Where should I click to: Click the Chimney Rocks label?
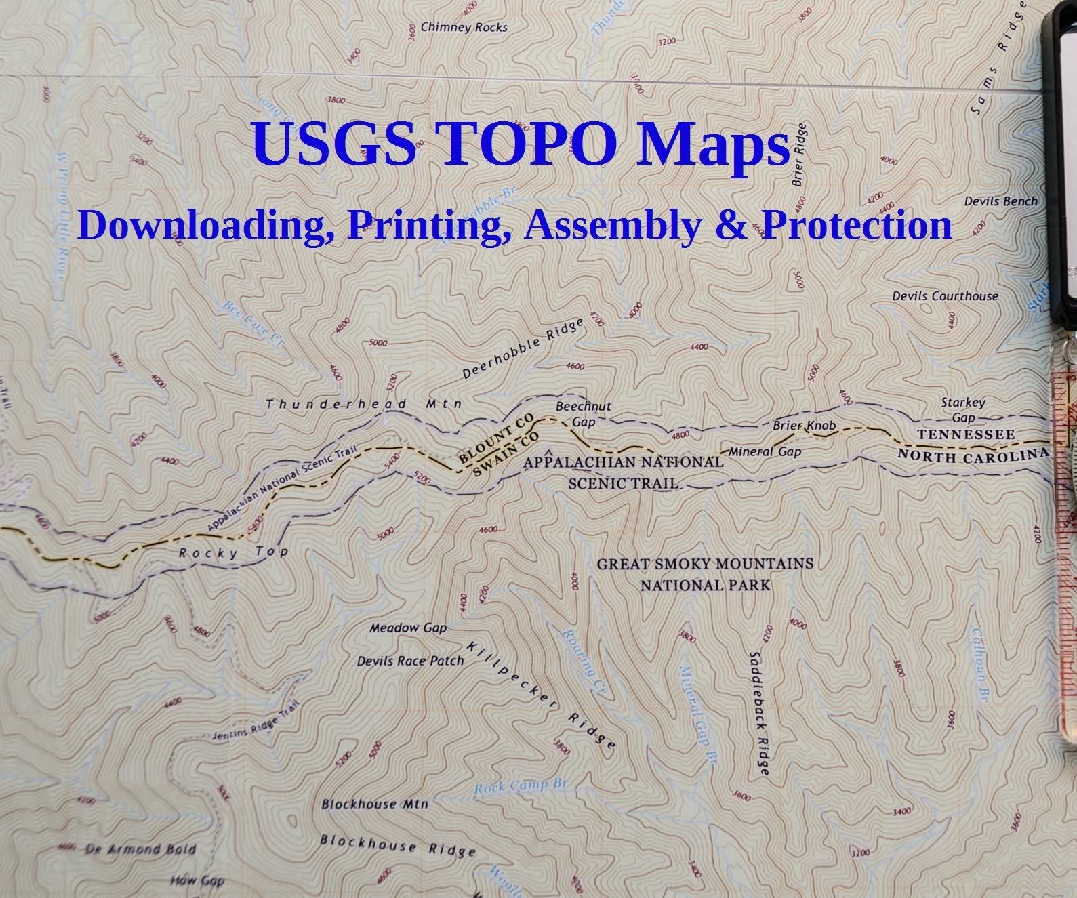(x=464, y=28)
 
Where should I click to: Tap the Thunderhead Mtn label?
(x=363, y=405)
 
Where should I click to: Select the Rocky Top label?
(x=233, y=552)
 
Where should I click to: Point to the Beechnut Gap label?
(x=583, y=413)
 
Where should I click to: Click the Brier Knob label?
(x=805, y=426)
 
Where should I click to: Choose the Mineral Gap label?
(x=765, y=451)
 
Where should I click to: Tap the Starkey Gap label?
(x=962, y=410)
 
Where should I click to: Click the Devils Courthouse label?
(x=945, y=296)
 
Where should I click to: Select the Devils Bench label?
(x=1000, y=201)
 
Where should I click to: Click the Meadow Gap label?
(x=408, y=628)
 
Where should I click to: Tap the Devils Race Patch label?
(x=410, y=661)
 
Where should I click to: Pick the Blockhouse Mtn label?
(x=375, y=804)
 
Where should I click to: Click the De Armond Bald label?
(x=142, y=849)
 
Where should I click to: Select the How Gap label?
(x=197, y=881)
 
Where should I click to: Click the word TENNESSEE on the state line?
(x=966, y=434)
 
